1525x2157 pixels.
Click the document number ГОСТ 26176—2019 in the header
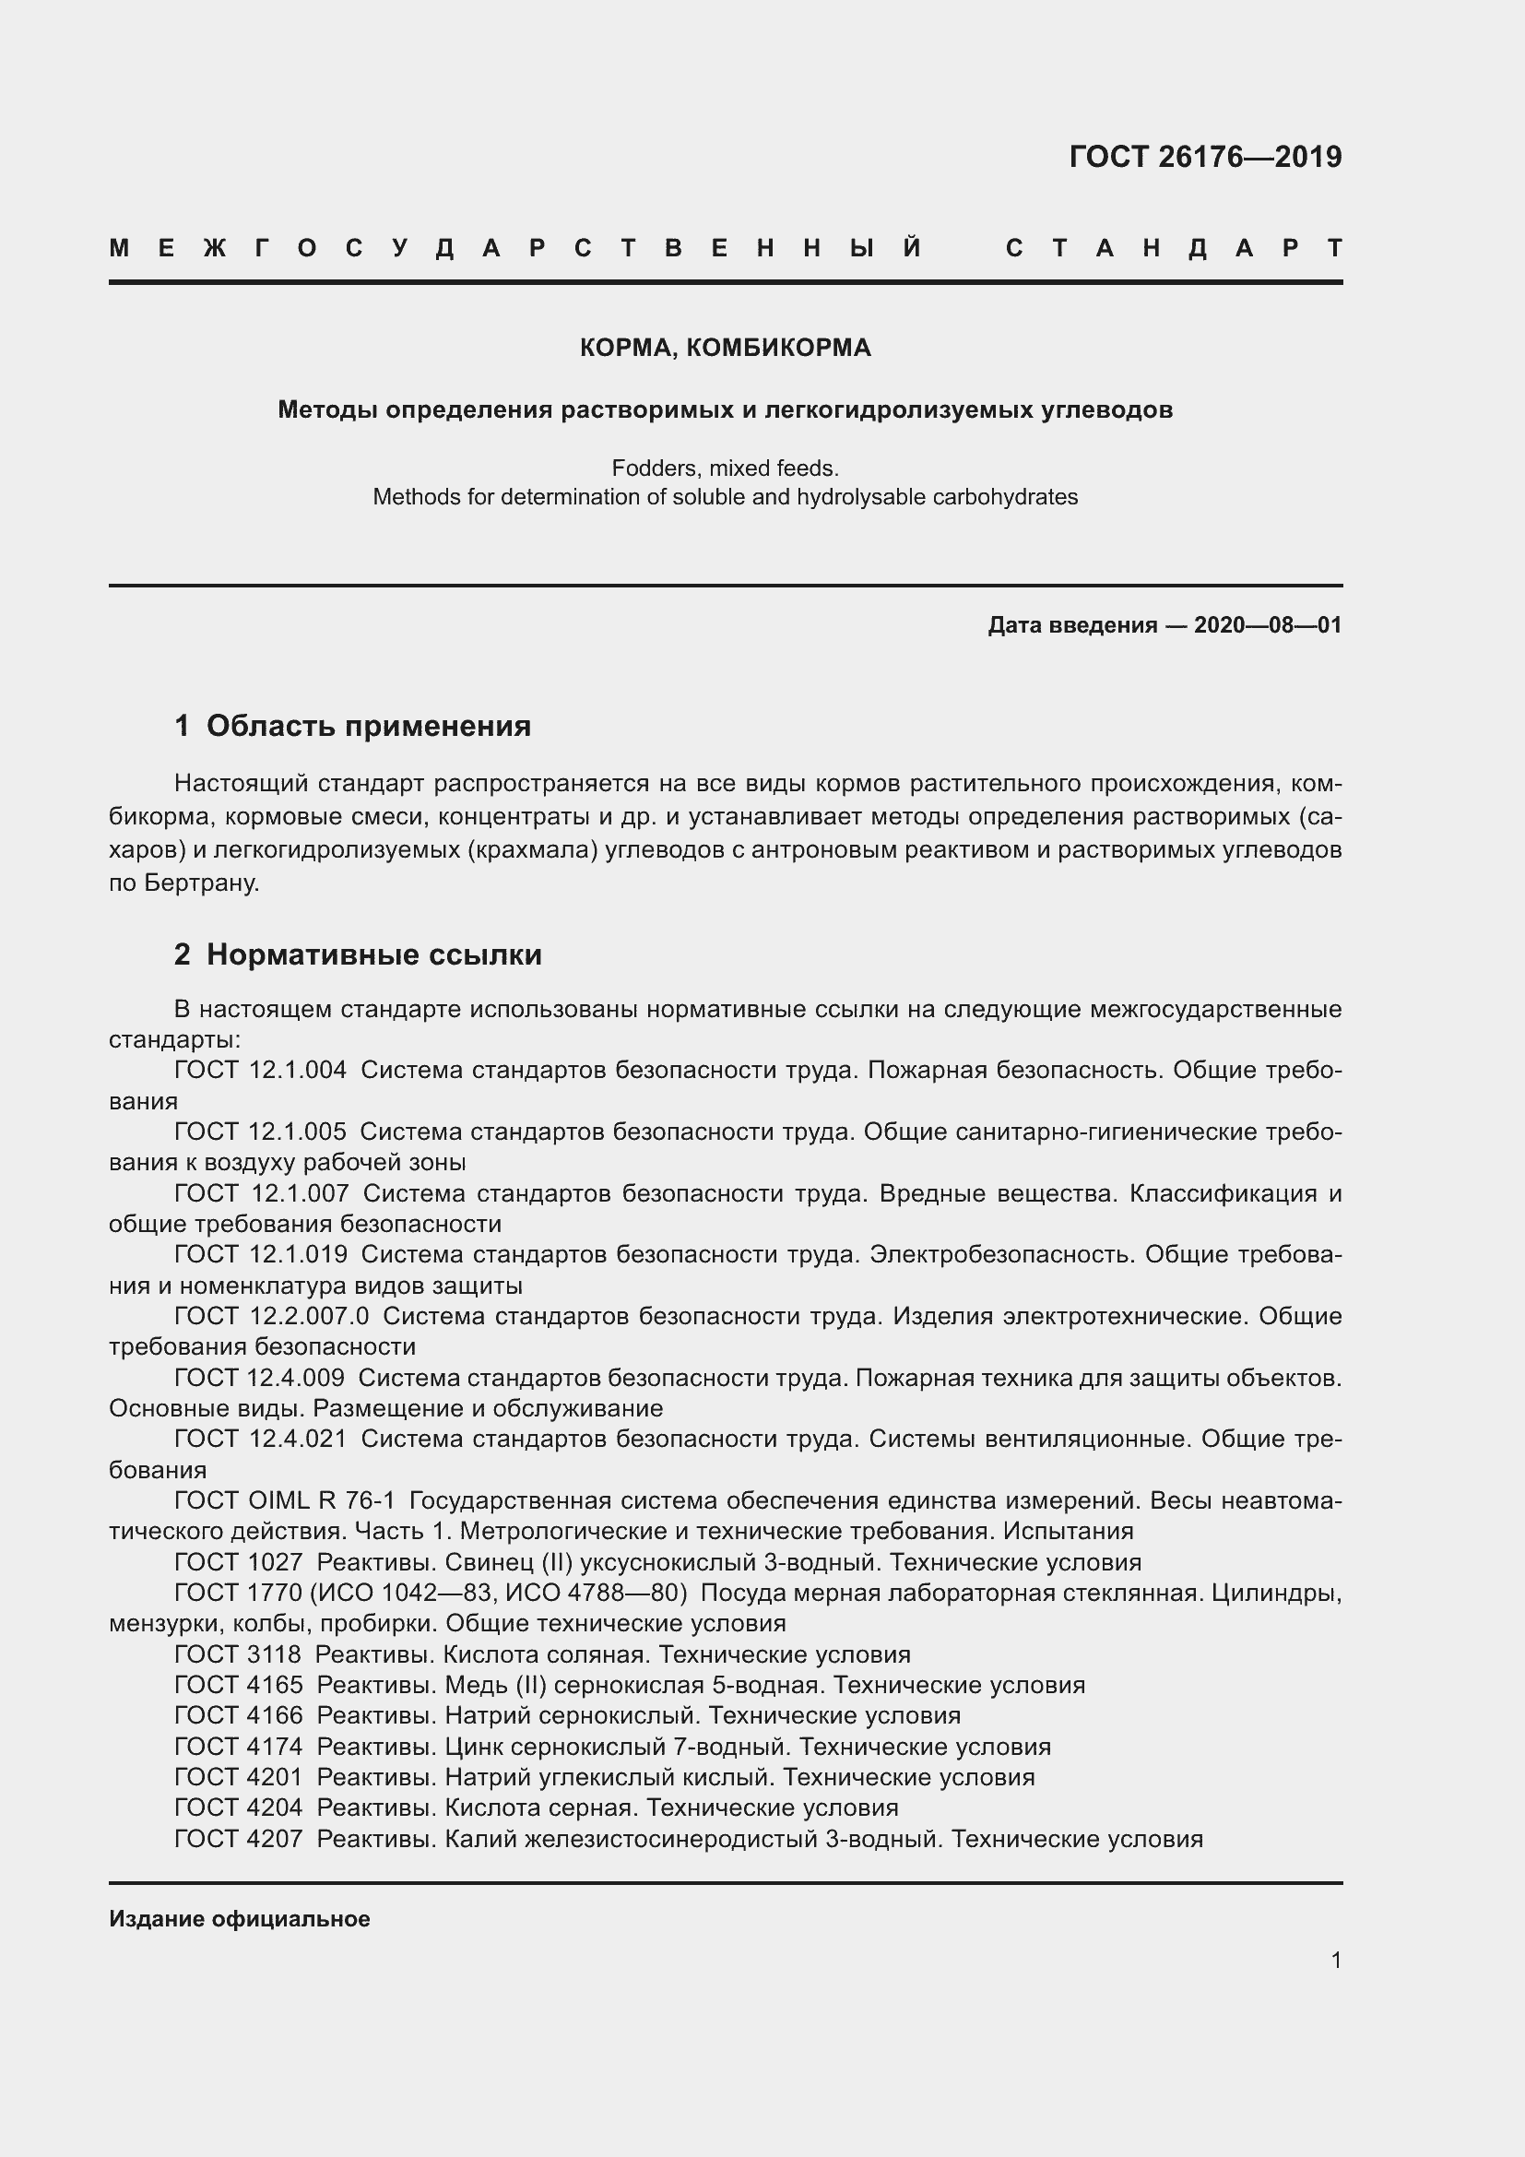[x=1205, y=156]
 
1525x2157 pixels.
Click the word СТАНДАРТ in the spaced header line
[x=1173, y=248]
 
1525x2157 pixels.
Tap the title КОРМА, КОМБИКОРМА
[x=725, y=348]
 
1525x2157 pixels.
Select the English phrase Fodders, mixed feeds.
[x=725, y=467]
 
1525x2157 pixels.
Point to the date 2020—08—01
[x=1268, y=624]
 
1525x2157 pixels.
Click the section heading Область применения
[x=368, y=725]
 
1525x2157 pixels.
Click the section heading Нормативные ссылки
[x=373, y=954]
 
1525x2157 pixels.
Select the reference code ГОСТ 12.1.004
[x=260, y=1070]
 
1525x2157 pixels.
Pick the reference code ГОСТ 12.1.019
[x=260, y=1254]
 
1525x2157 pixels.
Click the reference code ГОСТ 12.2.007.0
[x=271, y=1316]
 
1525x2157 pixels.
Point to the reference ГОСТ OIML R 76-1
[x=285, y=1501]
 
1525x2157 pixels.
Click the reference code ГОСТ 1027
[x=239, y=1562]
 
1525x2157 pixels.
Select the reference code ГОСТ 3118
[x=238, y=1654]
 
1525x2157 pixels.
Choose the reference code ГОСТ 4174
[x=239, y=1747]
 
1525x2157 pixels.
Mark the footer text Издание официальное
[x=240, y=1918]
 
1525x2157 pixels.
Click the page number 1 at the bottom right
[x=1335, y=1960]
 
